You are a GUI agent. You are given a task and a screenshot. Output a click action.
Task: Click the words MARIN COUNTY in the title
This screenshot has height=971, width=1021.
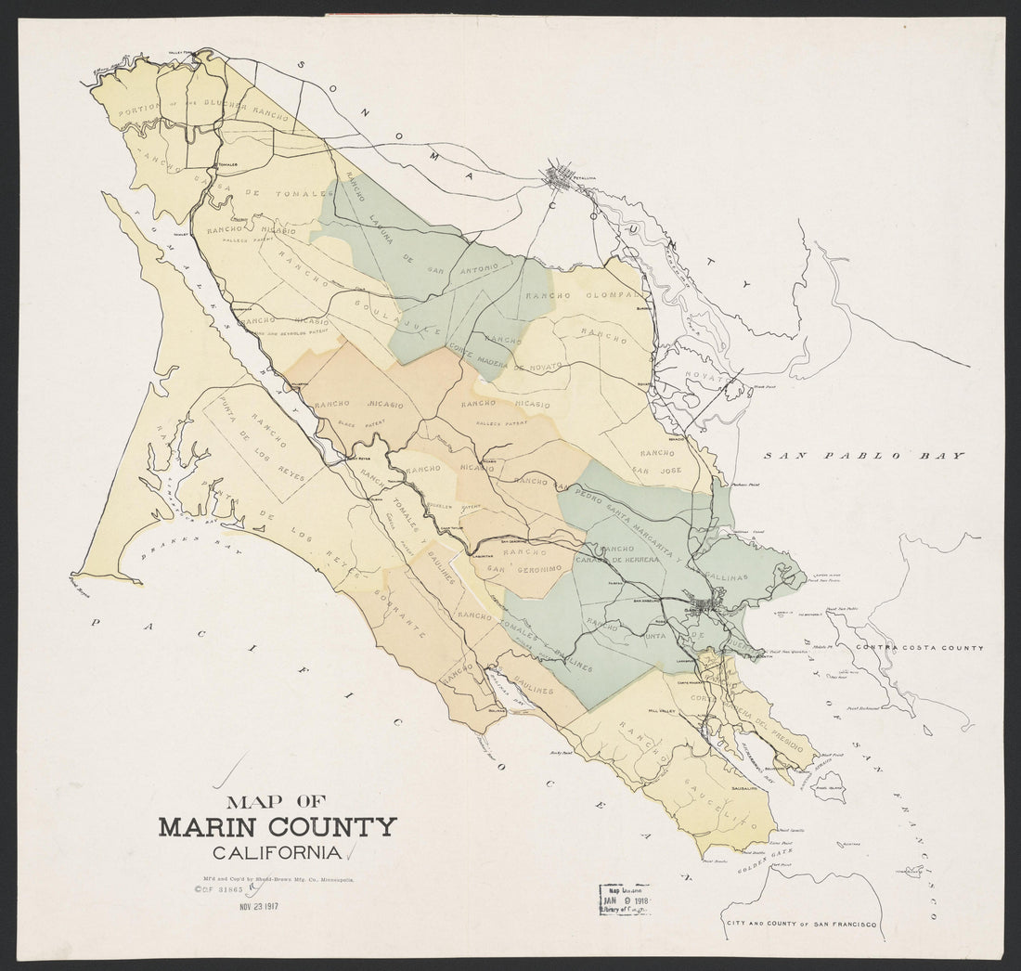point(278,827)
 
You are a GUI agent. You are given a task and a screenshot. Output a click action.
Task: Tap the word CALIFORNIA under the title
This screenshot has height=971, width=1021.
point(277,853)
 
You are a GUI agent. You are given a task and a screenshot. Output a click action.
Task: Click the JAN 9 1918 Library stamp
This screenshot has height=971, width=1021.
point(624,900)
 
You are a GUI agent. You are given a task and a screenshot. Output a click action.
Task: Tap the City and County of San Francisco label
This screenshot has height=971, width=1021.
point(803,921)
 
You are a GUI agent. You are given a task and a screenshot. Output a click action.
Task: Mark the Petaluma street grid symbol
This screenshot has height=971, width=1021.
point(562,174)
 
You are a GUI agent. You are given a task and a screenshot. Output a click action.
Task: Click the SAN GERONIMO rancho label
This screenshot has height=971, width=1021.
point(523,567)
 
